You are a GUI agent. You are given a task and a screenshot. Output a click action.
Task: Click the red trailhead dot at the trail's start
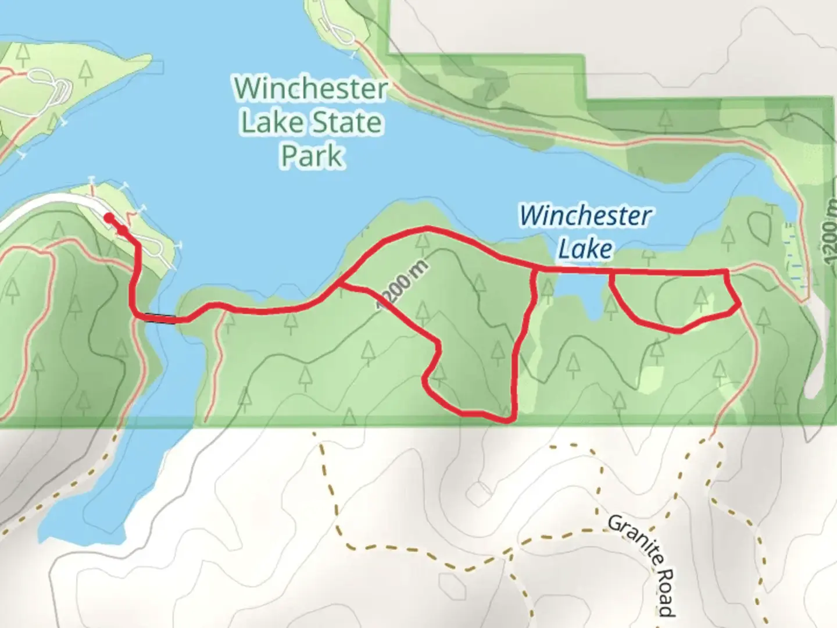pyautogui.click(x=109, y=217)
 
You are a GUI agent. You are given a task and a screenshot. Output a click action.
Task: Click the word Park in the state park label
pyautogui.click(x=312, y=156)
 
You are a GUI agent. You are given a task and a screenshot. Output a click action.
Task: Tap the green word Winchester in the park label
pyautogui.click(x=311, y=89)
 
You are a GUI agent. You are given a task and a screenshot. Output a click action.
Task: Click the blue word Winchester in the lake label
pyautogui.click(x=585, y=216)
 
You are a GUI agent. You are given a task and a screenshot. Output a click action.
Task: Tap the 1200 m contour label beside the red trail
pyautogui.click(x=403, y=286)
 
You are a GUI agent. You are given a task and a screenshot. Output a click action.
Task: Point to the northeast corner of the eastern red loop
pyautogui.click(x=727, y=272)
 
